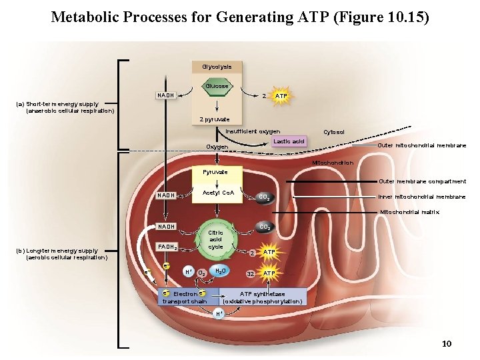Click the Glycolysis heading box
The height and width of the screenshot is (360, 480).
coord(217,67)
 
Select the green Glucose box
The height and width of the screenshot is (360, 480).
coord(216,86)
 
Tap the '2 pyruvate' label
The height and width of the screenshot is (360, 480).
coord(215,119)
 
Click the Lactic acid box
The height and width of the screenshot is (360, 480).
coord(289,141)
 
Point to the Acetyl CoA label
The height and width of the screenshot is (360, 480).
coord(218,193)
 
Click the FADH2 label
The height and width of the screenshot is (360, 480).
coord(167,247)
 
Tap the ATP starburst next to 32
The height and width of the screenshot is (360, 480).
coord(269,273)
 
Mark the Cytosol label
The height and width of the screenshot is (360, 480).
coord(333,132)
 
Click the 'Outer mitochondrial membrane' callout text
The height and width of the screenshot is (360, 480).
coord(422,146)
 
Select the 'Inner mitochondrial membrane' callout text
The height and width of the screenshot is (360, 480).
coord(422,197)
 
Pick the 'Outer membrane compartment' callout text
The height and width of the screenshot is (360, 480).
coord(422,181)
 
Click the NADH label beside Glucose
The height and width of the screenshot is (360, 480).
coord(167,95)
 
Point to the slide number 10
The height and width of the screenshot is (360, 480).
coord(447,343)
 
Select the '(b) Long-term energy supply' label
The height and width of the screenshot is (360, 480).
coord(61,251)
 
